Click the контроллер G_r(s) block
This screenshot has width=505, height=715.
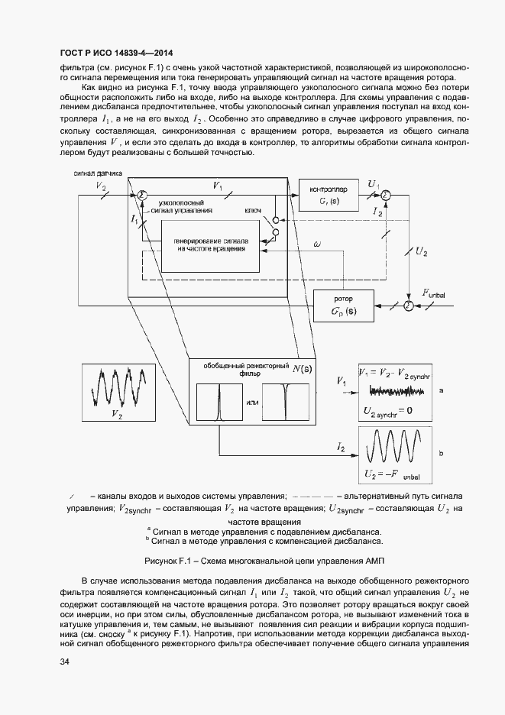[x=329, y=197]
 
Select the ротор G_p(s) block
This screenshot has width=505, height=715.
[x=338, y=306]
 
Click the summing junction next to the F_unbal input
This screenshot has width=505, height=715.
[x=408, y=306]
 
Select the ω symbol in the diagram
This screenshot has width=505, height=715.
[x=317, y=243]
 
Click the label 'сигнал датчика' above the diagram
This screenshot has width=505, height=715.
[x=98, y=174]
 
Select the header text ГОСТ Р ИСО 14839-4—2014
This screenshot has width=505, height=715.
[x=115, y=53]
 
